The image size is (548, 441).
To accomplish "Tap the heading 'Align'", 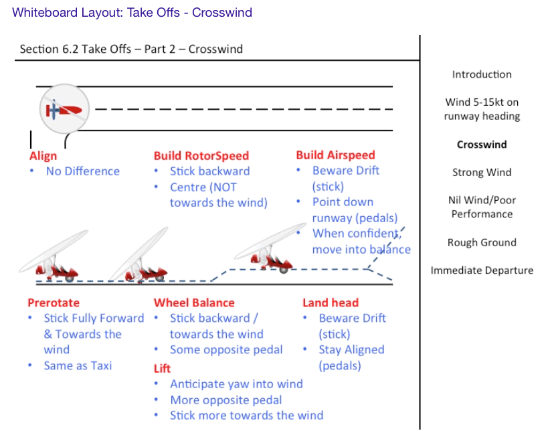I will point(43,156).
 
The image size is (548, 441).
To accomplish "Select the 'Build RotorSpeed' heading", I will point(201,156).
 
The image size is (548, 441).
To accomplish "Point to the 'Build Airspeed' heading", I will point(335,155).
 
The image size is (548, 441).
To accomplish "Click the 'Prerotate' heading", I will point(54,303).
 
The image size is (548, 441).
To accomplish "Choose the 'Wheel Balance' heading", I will point(194,303).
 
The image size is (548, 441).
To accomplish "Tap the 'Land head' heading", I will point(331,303).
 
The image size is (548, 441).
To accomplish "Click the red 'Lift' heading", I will point(162,368).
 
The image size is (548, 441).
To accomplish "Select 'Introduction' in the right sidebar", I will point(482,74).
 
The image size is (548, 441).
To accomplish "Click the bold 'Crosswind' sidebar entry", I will point(482,145).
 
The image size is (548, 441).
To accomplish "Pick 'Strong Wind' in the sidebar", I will point(482,172).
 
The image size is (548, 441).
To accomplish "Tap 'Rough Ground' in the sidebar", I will point(482,242).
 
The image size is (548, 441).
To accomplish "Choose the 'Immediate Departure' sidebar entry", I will point(482,270).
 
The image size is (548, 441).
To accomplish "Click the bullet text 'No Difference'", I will point(82,171).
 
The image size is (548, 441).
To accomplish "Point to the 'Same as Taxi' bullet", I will point(78,365).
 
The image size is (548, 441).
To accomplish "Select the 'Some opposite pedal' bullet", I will point(226,349).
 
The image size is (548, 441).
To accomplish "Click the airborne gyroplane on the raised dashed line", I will point(268,252).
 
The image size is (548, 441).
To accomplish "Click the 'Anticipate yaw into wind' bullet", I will point(236,384).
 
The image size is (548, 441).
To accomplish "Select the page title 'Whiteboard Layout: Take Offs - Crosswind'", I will point(132,13).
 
